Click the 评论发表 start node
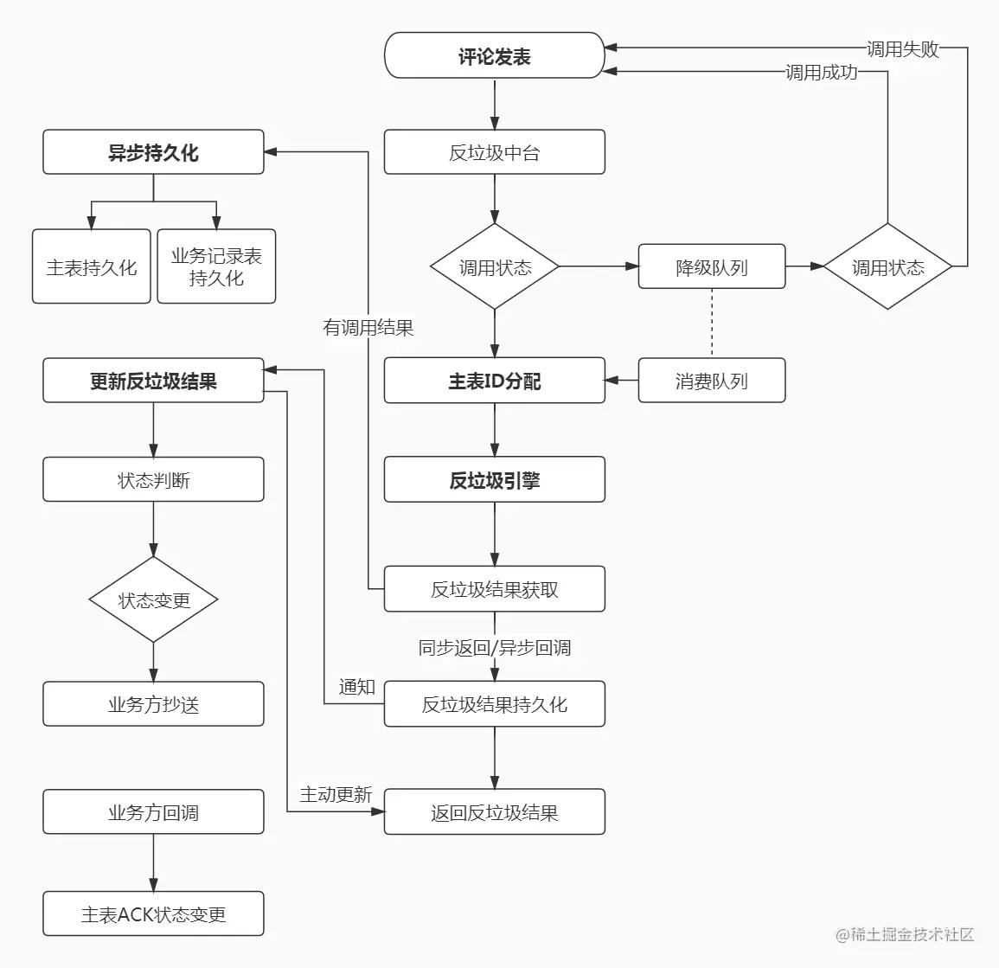click(495, 55)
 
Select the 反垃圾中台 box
click(495, 152)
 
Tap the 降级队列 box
click(712, 266)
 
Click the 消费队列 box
click(712, 381)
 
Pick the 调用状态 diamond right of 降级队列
click(887, 266)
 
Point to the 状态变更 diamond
click(154, 599)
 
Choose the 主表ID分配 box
click(495, 381)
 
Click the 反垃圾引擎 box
click(495, 479)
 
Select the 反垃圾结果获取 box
click(495, 589)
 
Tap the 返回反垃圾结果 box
click(495, 812)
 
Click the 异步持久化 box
click(154, 152)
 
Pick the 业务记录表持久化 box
click(216, 266)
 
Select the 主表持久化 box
click(92, 266)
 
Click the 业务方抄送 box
click(154, 704)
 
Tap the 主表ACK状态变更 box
click(154, 914)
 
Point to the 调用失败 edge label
click(903, 48)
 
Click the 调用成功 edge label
click(821, 72)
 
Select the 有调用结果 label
click(368, 328)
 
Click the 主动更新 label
click(336, 794)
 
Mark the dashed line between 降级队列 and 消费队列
click(712, 323)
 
